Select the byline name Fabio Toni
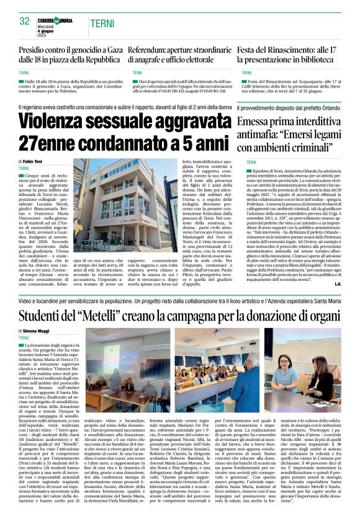coord(35,161)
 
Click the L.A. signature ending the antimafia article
coord(336,283)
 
